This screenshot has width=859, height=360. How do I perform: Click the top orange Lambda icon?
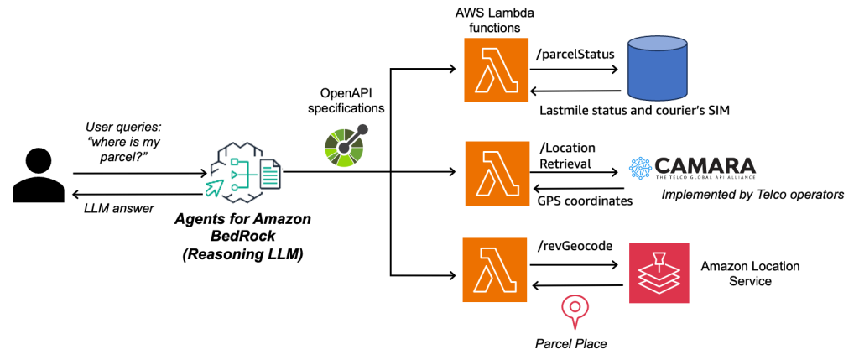point(497,70)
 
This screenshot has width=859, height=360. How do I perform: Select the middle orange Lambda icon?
point(497,174)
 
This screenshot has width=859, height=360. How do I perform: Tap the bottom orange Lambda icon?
point(495,270)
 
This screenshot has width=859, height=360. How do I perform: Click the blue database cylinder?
point(658,71)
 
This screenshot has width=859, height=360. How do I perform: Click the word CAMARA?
point(705,167)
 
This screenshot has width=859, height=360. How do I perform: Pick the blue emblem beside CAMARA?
point(640,168)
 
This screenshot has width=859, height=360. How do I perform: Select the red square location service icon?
point(659,273)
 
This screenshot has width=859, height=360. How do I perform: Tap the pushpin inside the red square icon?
point(659,258)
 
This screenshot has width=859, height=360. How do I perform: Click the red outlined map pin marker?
point(574,310)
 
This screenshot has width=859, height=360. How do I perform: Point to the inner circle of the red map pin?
point(574,306)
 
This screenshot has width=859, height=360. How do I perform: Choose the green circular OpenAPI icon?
point(346,146)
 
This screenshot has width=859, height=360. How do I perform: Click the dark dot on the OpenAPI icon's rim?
point(363,130)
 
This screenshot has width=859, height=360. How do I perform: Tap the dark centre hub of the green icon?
point(344,149)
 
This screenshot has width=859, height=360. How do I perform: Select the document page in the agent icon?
point(270,175)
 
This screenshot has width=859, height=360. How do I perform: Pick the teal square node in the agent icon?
point(235,161)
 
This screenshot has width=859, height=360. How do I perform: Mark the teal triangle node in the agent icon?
point(235,174)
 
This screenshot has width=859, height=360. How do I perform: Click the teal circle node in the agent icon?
point(235,187)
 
